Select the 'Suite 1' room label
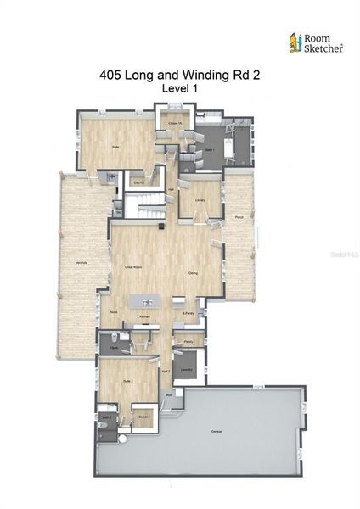point(117,147)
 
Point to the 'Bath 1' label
point(208,148)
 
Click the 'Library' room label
point(200,199)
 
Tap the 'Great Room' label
point(133,266)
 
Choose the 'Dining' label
point(194,272)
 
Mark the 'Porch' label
point(239,216)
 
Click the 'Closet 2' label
point(144,417)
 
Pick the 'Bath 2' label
point(107,417)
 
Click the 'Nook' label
point(114,311)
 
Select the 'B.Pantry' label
point(188,315)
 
